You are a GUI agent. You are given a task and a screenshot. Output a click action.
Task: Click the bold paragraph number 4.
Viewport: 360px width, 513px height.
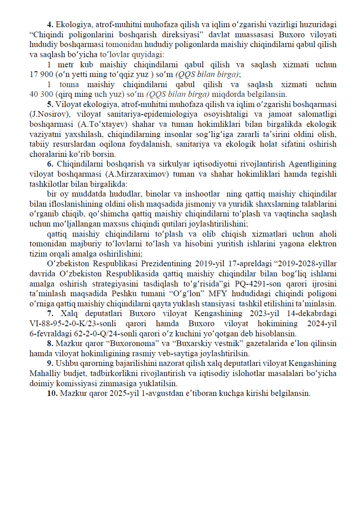click(50, 25)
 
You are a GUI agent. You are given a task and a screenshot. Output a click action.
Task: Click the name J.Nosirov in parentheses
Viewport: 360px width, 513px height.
click(47, 114)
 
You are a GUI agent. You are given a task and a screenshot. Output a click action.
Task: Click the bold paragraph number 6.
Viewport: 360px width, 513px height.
click(51, 164)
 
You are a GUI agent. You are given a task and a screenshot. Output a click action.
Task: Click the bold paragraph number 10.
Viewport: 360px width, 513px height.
click(52, 393)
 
